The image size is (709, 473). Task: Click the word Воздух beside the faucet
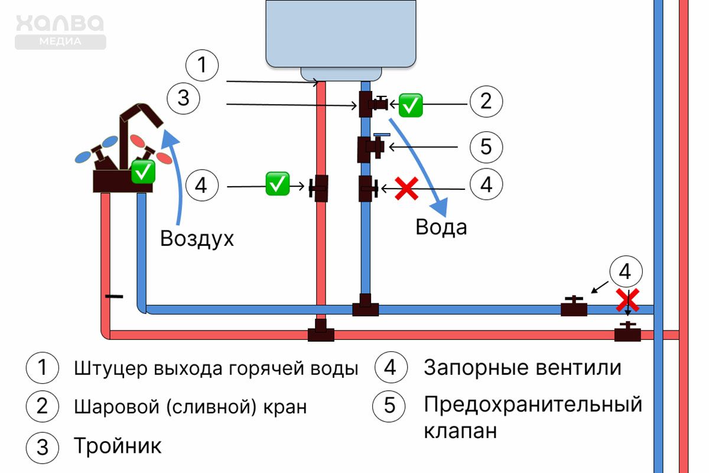[x=197, y=239]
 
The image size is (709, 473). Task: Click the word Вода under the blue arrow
[x=441, y=228]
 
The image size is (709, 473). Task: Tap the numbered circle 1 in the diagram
[x=202, y=65]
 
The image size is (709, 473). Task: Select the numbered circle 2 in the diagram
[x=486, y=102]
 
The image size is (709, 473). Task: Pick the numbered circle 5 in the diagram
[x=486, y=146]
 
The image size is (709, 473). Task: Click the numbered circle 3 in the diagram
[x=184, y=98]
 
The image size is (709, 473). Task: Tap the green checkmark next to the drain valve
[x=411, y=105]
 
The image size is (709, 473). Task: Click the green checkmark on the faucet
[x=142, y=171]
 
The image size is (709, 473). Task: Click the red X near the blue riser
[x=627, y=300]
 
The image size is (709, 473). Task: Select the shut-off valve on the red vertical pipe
[x=320, y=189]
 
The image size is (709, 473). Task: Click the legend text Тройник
[x=118, y=446]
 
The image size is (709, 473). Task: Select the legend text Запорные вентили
[x=522, y=368]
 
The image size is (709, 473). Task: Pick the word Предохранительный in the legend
[x=532, y=405]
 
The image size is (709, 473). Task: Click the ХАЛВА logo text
[x=60, y=25]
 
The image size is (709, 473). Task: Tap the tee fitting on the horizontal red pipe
[x=321, y=333]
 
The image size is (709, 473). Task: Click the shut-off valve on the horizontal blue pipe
[x=574, y=307]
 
